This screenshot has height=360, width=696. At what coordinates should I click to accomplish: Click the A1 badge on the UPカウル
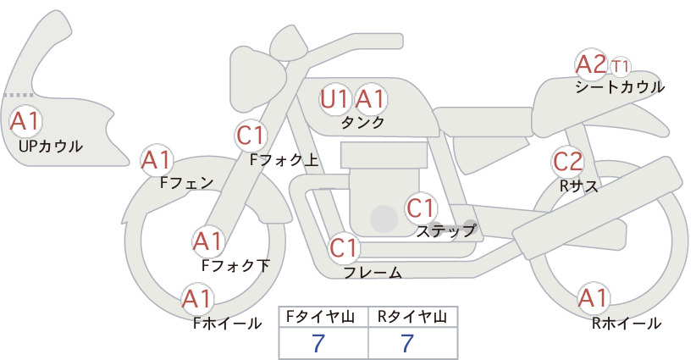(25, 121)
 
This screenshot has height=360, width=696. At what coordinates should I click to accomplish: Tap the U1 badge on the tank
(334, 99)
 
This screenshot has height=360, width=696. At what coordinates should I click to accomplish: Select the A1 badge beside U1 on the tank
(370, 99)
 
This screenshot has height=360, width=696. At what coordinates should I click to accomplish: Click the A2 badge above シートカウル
(591, 64)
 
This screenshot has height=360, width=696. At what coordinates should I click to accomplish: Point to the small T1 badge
(620, 67)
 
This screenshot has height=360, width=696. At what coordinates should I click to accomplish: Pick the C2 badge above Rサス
(568, 162)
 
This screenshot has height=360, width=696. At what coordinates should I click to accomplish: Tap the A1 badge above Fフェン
(157, 160)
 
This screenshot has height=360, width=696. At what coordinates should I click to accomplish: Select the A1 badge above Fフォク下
(207, 241)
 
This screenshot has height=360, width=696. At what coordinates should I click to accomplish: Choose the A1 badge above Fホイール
(197, 299)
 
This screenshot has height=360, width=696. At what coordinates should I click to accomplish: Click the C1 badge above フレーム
(344, 248)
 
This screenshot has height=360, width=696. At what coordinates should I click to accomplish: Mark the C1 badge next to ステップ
(421, 208)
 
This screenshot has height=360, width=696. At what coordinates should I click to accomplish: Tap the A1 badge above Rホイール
(594, 298)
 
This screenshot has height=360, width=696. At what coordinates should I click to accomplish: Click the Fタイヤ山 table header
(320, 317)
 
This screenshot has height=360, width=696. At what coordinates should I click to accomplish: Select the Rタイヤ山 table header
(412, 317)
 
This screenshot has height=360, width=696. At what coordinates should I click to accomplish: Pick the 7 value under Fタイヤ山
(318, 343)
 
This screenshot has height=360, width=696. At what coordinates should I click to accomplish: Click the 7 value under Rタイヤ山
(407, 343)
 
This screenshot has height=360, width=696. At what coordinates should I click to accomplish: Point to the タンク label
(362, 122)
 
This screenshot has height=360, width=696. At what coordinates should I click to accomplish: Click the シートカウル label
(620, 87)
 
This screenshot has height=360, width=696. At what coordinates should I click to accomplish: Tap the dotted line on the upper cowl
(19, 95)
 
